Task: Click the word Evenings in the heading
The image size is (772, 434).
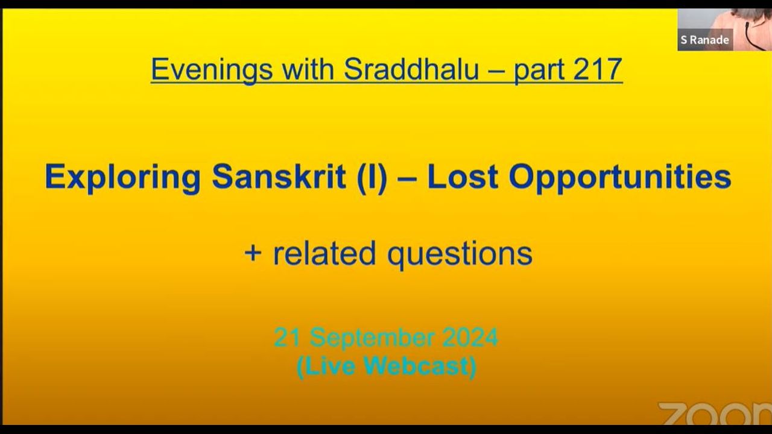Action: pyautogui.click(x=212, y=69)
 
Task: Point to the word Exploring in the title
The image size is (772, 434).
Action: pyautogui.click(x=122, y=177)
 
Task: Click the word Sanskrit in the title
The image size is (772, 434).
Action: pyautogui.click(x=279, y=177)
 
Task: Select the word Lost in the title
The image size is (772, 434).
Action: pyautogui.click(x=463, y=177)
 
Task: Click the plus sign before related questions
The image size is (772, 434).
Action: pyautogui.click(x=253, y=254)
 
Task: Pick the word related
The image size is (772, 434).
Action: pyautogui.click(x=324, y=253)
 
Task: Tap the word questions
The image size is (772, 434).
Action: pyautogui.click(x=460, y=254)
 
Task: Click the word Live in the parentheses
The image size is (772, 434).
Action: pyautogui.click(x=326, y=366)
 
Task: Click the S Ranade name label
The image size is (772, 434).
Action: pyautogui.click(x=705, y=40)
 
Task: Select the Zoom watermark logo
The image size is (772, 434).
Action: pyautogui.click(x=715, y=414)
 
